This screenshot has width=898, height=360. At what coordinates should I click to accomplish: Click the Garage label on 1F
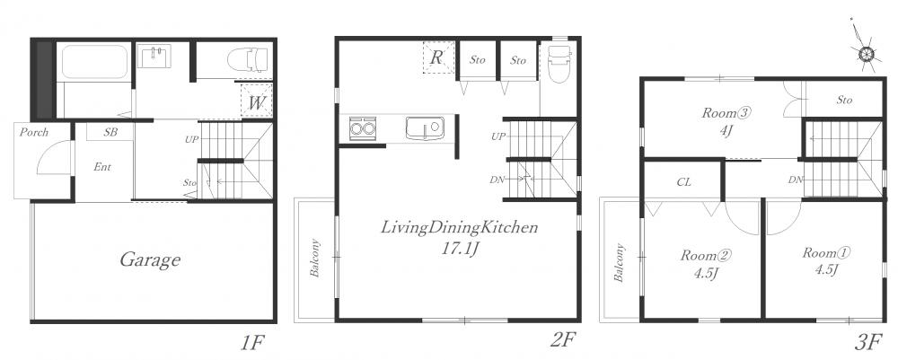[150, 261]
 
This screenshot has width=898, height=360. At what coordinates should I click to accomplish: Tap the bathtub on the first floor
[94, 62]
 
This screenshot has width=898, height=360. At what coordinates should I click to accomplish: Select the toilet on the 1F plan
[248, 59]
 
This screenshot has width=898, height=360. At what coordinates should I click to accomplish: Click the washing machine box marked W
[257, 101]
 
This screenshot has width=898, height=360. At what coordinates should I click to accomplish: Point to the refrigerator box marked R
[439, 57]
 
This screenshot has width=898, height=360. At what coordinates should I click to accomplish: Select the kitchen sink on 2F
[425, 127]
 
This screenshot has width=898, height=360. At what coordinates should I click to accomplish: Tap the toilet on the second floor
[559, 64]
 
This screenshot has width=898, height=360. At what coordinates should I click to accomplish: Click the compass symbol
[866, 53]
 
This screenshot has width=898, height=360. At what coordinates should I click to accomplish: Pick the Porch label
[34, 133]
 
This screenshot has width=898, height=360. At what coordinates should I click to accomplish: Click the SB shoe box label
[110, 133]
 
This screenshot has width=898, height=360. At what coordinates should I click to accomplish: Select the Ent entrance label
[102, 167]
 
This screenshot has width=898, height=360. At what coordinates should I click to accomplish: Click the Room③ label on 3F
[726, 113]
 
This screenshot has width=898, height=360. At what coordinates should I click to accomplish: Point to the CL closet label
[683, 182]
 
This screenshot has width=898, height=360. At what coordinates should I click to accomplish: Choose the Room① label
[825, 252]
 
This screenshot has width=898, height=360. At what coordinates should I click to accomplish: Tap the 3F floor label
[867, 342]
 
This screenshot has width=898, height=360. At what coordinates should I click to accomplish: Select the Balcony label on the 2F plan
[314, 259]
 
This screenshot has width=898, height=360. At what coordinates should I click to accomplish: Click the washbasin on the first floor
[154, 57]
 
